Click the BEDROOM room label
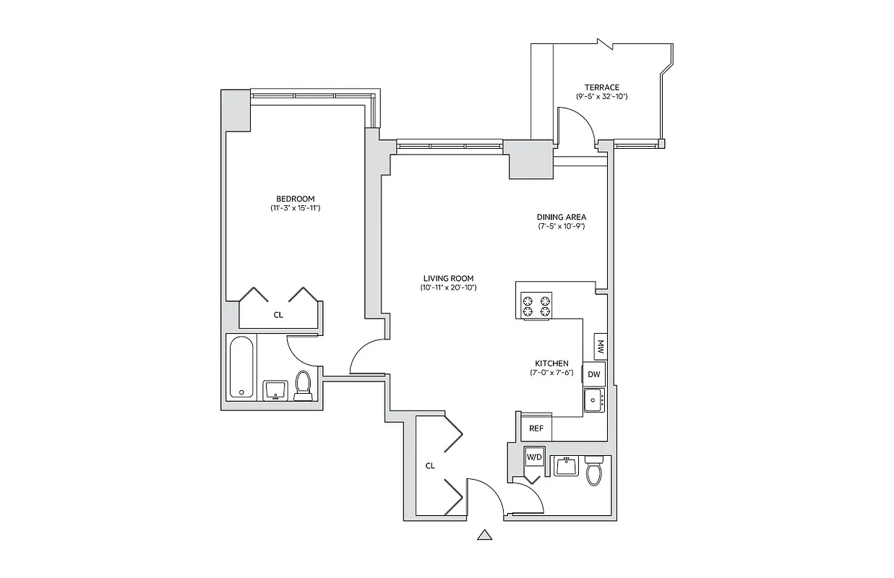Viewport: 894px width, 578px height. pos(295,199)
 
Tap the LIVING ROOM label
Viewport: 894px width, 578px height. pos(449,278)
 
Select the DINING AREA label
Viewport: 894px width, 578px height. pos(561,217)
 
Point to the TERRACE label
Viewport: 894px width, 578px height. pos(601,87)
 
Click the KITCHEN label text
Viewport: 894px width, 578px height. pos(551,363)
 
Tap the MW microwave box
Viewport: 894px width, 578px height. pos(599,346)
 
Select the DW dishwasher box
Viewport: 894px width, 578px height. pos(594,374)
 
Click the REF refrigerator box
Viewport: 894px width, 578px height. pos(536,428)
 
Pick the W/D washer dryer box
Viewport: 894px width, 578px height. pos(534,458)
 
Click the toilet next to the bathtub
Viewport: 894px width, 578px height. pos(304,384)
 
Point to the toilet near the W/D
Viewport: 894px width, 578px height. pos(594,471)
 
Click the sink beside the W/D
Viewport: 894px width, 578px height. pos(566,465)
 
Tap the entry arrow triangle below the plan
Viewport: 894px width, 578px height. pos(485,535)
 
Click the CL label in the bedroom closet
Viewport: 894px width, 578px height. pos(278,315)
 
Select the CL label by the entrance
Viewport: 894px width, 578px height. pos(430,466)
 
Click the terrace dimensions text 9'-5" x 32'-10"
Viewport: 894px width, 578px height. pos(601,97)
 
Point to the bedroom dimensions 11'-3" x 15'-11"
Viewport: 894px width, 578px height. pos(295,209)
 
